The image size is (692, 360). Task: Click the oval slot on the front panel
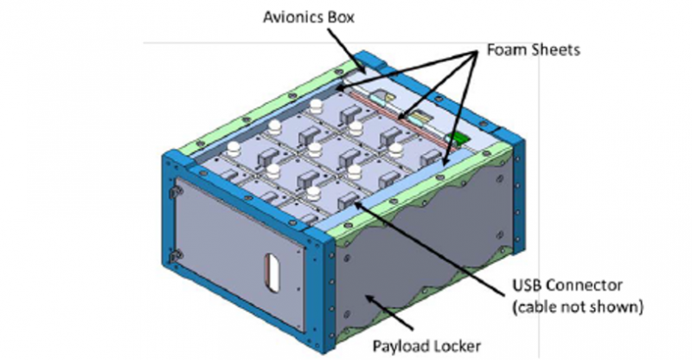(270, 268)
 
